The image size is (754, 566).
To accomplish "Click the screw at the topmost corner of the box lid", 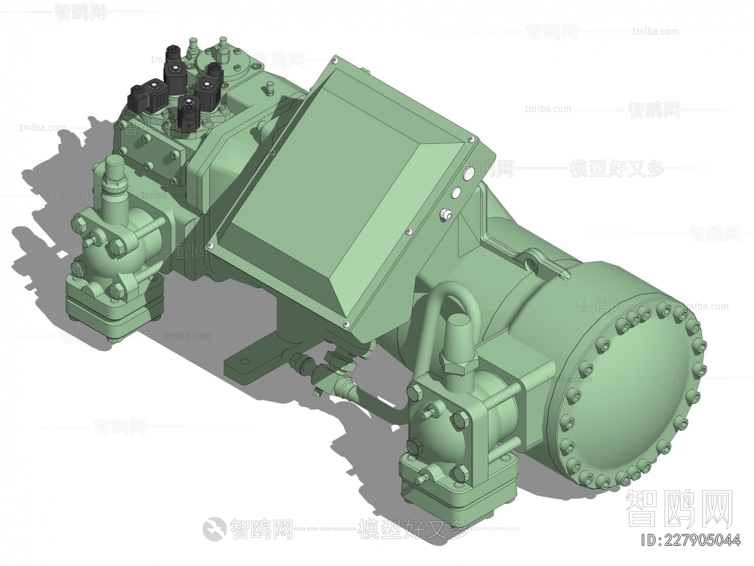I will [335, 60].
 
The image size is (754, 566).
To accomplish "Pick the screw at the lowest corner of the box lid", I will [346, 323].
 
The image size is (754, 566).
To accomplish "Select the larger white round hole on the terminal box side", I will [468, 173].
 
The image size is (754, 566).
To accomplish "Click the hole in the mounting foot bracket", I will [244, 360].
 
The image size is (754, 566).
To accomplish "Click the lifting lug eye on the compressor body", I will [533, 260].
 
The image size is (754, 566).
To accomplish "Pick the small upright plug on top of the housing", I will [270, 87].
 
